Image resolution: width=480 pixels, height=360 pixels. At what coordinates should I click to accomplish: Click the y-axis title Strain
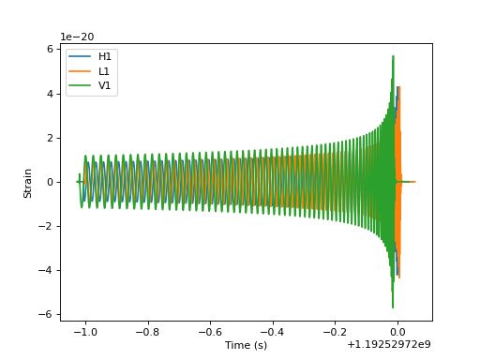(29, 182)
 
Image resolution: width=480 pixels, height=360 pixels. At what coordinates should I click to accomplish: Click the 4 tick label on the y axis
(50, 94)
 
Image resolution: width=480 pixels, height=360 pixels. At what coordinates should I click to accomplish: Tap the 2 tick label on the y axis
(50, 138)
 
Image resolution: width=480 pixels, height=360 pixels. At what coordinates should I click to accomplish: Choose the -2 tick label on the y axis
(47, 226)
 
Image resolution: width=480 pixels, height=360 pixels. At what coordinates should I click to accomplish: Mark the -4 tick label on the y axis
(47, 270)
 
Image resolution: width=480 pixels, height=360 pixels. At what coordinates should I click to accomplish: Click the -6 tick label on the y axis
(47, 314)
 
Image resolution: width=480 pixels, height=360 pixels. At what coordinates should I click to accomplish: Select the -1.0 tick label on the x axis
(85, 332)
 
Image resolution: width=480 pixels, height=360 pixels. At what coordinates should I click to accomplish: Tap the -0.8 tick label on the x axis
(147, 332)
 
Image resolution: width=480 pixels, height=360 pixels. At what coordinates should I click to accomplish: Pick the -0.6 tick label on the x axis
(210, 332)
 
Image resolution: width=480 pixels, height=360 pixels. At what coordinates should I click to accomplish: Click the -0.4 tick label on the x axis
(272, 332)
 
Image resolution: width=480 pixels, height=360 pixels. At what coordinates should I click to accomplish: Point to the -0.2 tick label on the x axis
(335, 332)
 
